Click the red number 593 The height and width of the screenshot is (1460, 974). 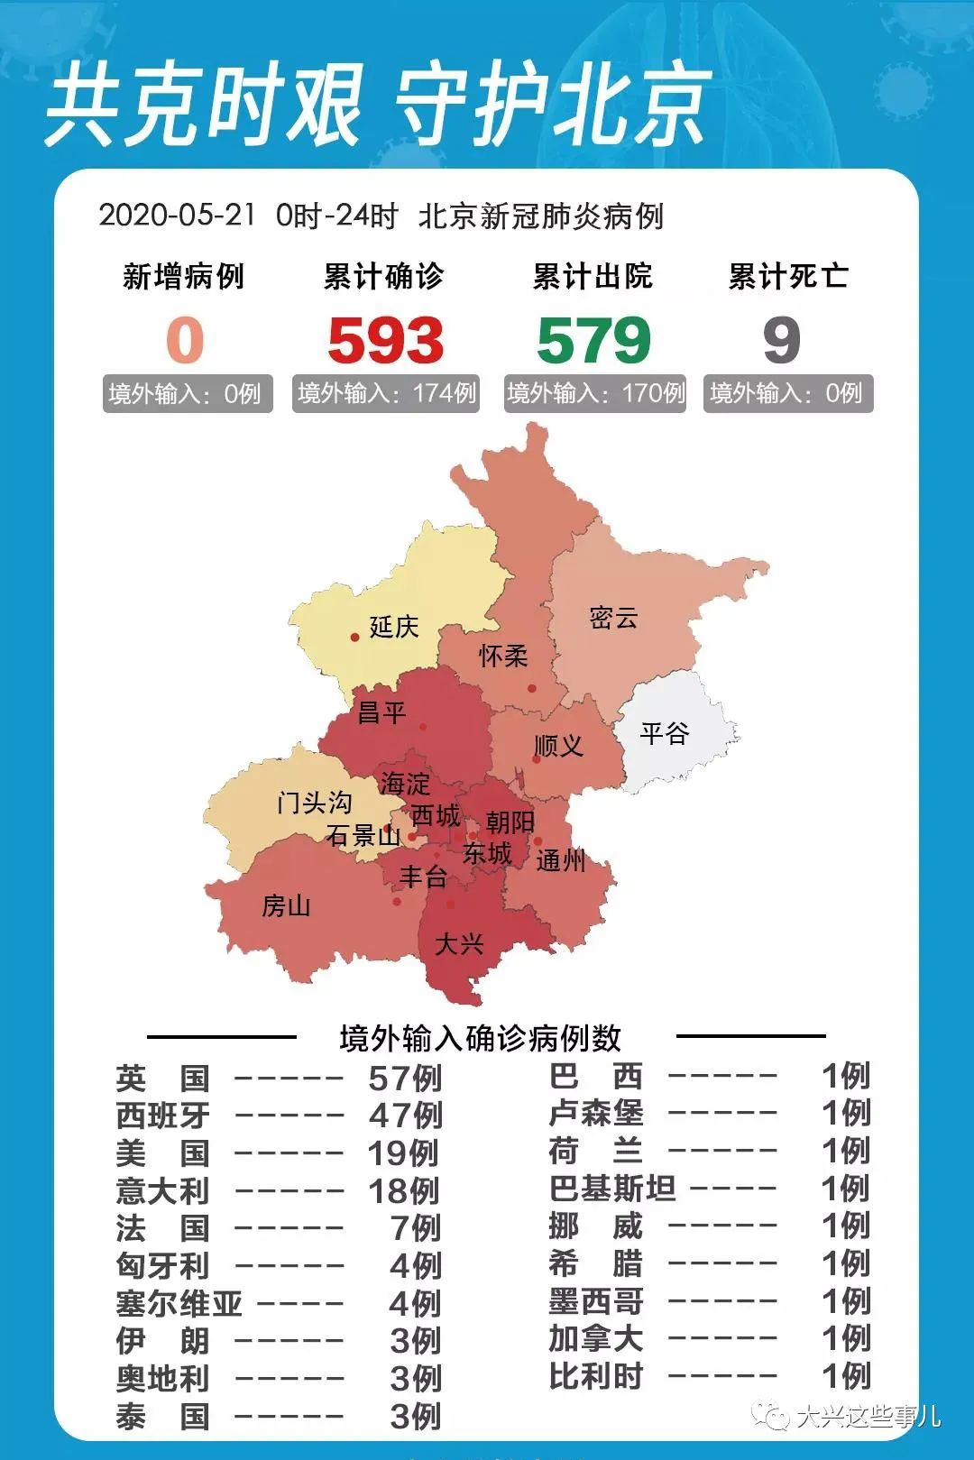(385, 341)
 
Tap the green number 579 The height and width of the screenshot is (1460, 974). (593, 341)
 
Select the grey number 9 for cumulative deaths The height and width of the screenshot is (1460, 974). (781, 341)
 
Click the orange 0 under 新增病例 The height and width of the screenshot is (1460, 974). (185, 341)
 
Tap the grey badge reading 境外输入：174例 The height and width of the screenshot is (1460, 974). (386, 393)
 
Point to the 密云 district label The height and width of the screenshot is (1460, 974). (613, 618)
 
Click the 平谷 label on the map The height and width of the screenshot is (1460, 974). (665, 732)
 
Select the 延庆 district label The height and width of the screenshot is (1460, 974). (394, 627)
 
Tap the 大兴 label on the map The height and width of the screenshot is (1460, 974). (459, 944)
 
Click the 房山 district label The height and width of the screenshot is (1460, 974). (286, 905)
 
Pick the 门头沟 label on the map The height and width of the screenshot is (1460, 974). (314, 802)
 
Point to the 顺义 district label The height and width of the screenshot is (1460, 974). (558, 746)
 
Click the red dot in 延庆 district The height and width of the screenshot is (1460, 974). (355, 637)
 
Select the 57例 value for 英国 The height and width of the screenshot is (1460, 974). (405, 1078)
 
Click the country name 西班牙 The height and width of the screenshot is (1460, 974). (163, 1116)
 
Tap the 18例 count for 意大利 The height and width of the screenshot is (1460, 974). (403, 1191)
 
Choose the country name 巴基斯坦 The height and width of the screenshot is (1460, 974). (612, 1189)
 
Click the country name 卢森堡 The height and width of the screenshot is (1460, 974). (596, 1113)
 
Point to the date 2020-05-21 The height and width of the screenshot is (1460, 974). (177, 216)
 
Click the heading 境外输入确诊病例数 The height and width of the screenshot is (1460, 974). (481, 1039)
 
